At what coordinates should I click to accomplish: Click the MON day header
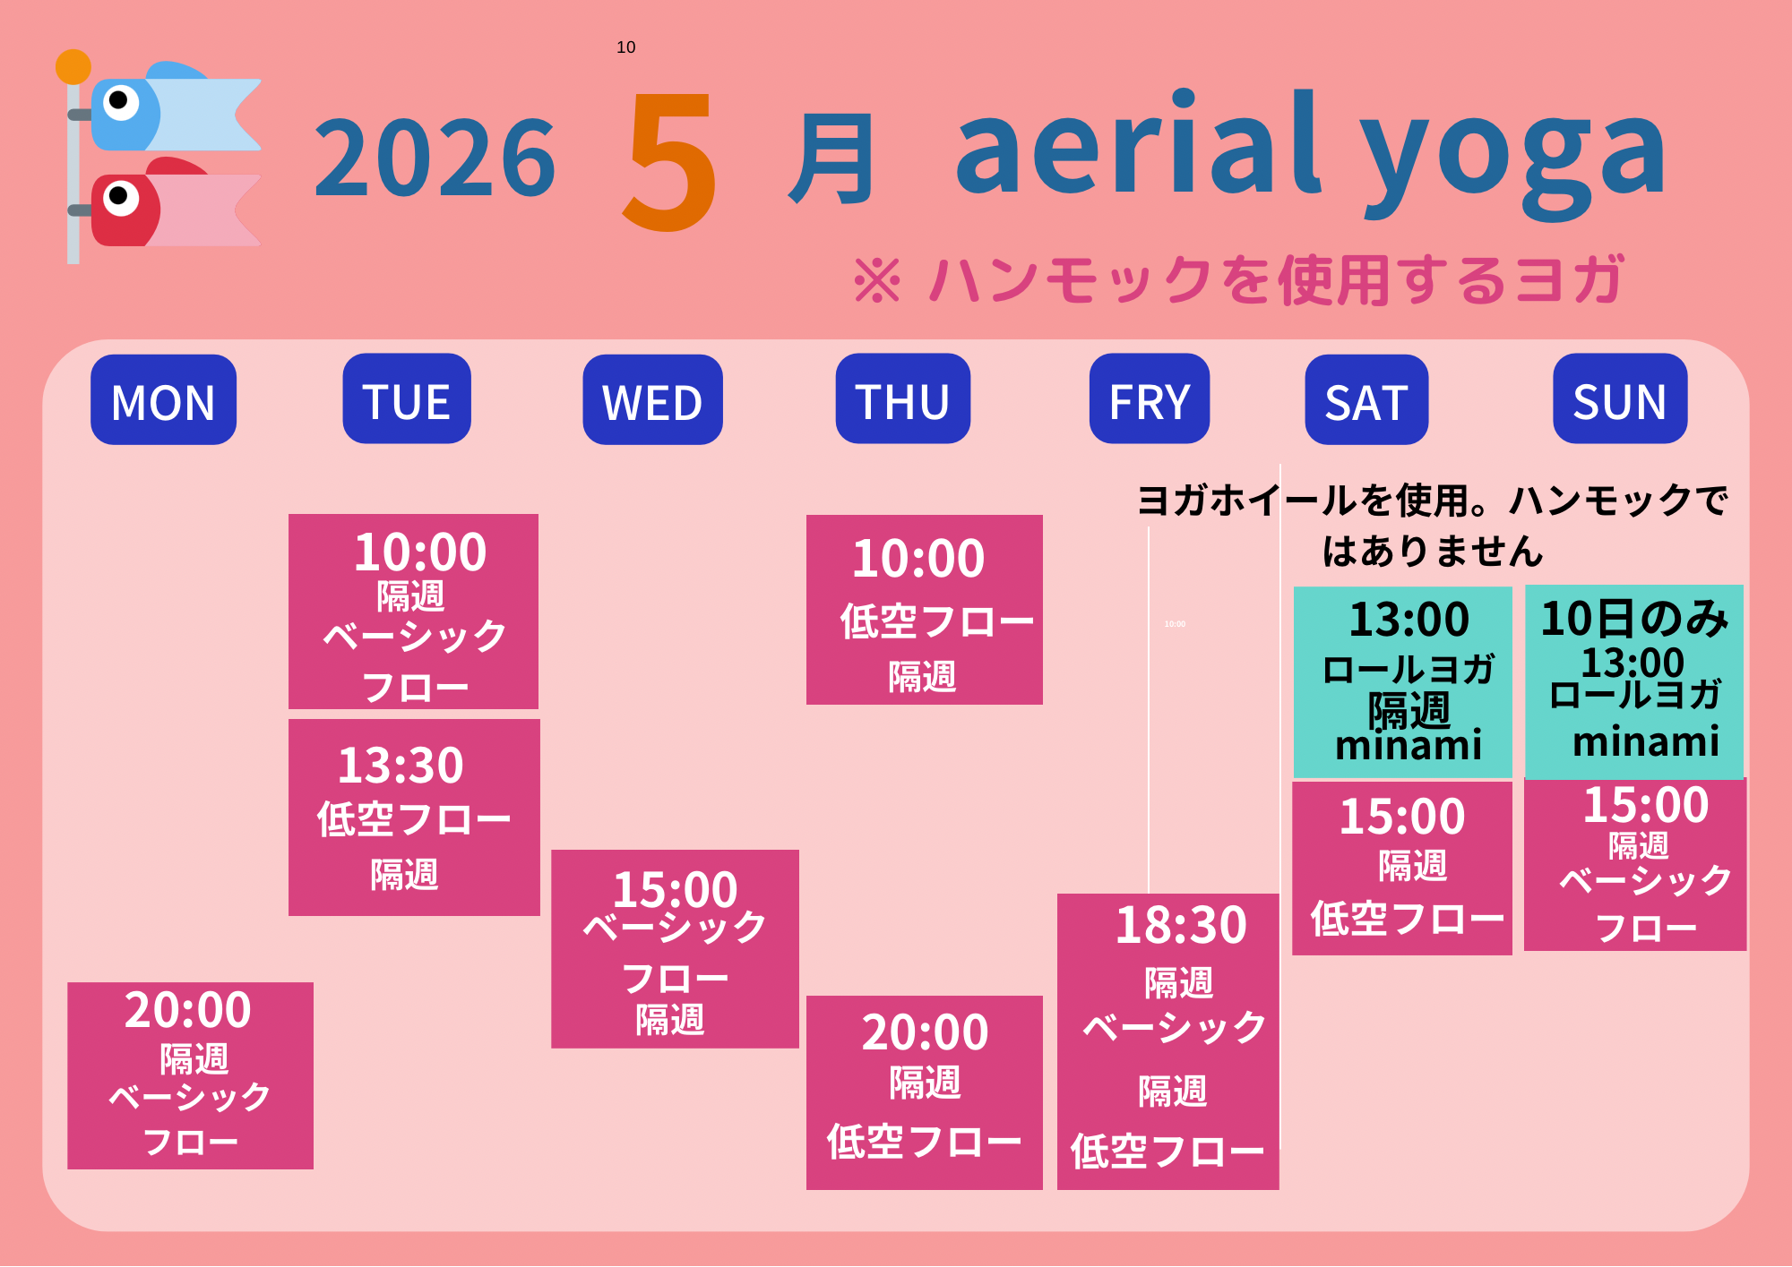163,399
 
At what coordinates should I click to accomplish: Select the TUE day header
407,398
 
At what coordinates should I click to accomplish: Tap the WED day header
652,399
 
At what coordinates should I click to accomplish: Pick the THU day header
902,398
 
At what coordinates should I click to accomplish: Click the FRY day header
1150,398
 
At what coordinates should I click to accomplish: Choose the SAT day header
1366,399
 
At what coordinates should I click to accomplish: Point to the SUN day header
1620,398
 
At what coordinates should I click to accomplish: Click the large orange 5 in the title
670,161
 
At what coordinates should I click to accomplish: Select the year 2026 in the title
435,158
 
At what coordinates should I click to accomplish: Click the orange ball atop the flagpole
73,67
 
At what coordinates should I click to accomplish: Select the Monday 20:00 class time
188,1010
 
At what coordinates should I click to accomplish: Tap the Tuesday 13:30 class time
401,766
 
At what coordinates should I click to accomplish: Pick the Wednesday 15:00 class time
675,889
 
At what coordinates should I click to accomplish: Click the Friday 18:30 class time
1181,925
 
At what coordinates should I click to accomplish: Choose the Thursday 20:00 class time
925,1032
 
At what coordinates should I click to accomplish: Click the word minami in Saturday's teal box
1409,745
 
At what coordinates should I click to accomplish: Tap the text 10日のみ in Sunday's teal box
1634,619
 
